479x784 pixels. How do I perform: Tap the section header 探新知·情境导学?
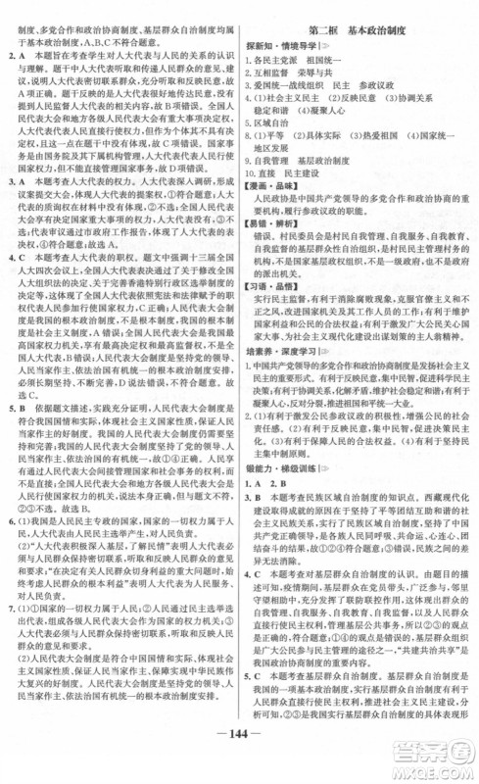click(298, 29)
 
